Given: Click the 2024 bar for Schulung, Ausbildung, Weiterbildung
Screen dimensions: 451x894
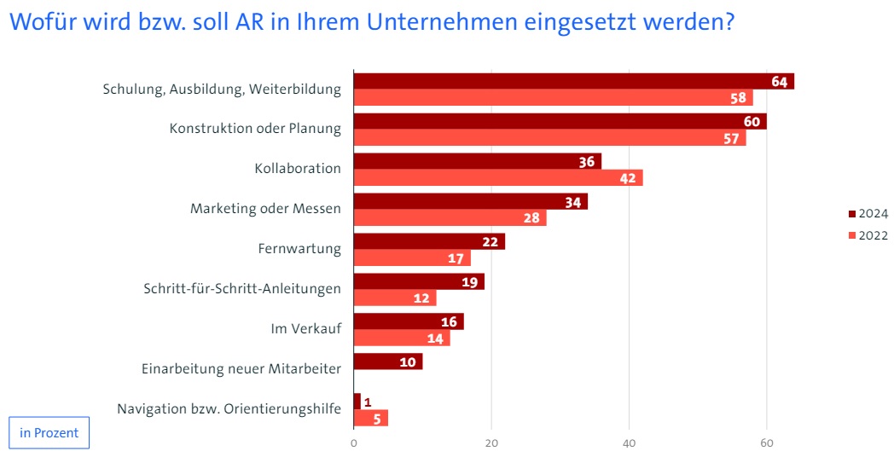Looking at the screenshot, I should (573, 81).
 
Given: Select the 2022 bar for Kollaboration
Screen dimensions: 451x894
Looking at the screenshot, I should (497, 177).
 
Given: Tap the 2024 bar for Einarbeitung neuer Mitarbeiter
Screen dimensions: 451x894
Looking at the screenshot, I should (387, 361).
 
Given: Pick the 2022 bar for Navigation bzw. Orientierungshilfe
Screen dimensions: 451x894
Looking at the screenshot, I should (370, 418).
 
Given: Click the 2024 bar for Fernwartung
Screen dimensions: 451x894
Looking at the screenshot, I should (429, 241).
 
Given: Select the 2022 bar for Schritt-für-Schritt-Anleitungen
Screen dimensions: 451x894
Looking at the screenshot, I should (394, 298).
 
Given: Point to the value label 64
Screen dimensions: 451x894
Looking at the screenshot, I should (779, 82).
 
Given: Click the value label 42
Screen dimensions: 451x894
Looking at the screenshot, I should (627, 178).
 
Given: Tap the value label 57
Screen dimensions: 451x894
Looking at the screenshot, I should (730, 138).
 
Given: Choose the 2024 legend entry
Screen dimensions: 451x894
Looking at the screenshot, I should (868, 214).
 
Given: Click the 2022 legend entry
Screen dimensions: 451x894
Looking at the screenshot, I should (868, 235).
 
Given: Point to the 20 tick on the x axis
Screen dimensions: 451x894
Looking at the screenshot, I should (491, 442).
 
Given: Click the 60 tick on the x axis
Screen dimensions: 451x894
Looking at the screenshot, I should (766, 442).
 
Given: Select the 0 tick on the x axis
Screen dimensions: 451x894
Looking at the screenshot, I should (353, 442).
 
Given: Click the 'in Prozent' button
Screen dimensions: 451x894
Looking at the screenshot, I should (49, 432).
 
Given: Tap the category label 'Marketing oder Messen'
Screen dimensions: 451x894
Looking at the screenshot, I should (265, 208).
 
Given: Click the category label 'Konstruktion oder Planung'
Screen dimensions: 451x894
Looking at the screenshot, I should (255, 129).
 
